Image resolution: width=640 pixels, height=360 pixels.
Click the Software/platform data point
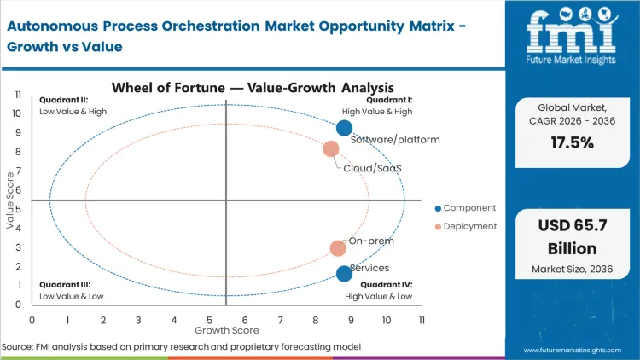coord(344,128)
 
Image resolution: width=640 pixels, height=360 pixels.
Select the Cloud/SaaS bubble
coord(331,149)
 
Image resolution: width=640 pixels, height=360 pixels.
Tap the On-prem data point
coord(338,248)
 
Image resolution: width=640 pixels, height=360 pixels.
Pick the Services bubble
coord(344,274)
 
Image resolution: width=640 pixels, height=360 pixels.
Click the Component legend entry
coord(466,208)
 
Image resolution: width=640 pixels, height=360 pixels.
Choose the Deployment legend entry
coord(466,226)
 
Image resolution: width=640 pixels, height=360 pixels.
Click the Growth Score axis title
coord(226,329)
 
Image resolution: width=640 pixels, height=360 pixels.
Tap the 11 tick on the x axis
coord(422,320)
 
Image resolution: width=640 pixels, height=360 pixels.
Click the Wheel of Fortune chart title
coord(253,87)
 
